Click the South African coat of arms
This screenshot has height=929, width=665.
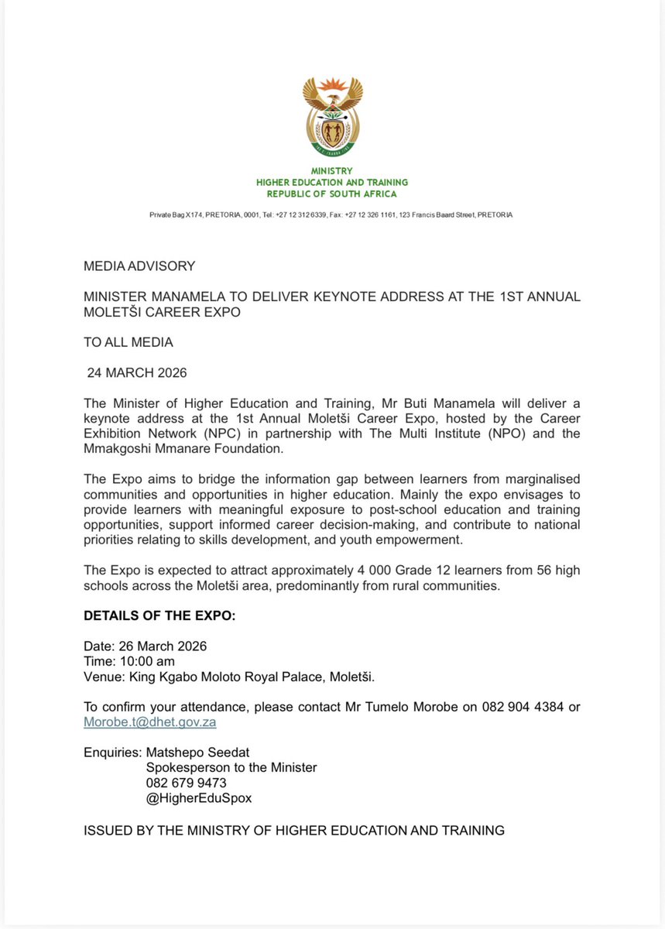pyautogui.click(x=332, y=115)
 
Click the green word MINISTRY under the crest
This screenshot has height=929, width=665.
pyautogui.click(x=332, y=171)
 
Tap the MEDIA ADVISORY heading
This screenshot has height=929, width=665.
pyautogui.click(x=139, y=266)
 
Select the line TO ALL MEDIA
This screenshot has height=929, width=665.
pyautogui.click(x=129, y=341)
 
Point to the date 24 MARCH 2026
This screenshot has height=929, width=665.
pyautogui.click(x=137, y=372)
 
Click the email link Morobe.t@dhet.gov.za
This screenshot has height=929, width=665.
pyautogui.click(x=149, y=722)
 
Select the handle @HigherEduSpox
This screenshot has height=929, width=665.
pyautogui.click(x=199, y=798)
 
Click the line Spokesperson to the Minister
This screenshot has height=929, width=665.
pyautogui.click(x=231, y=768)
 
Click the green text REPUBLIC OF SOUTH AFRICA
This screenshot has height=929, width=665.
pyautogui.click(x=332, y=194)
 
